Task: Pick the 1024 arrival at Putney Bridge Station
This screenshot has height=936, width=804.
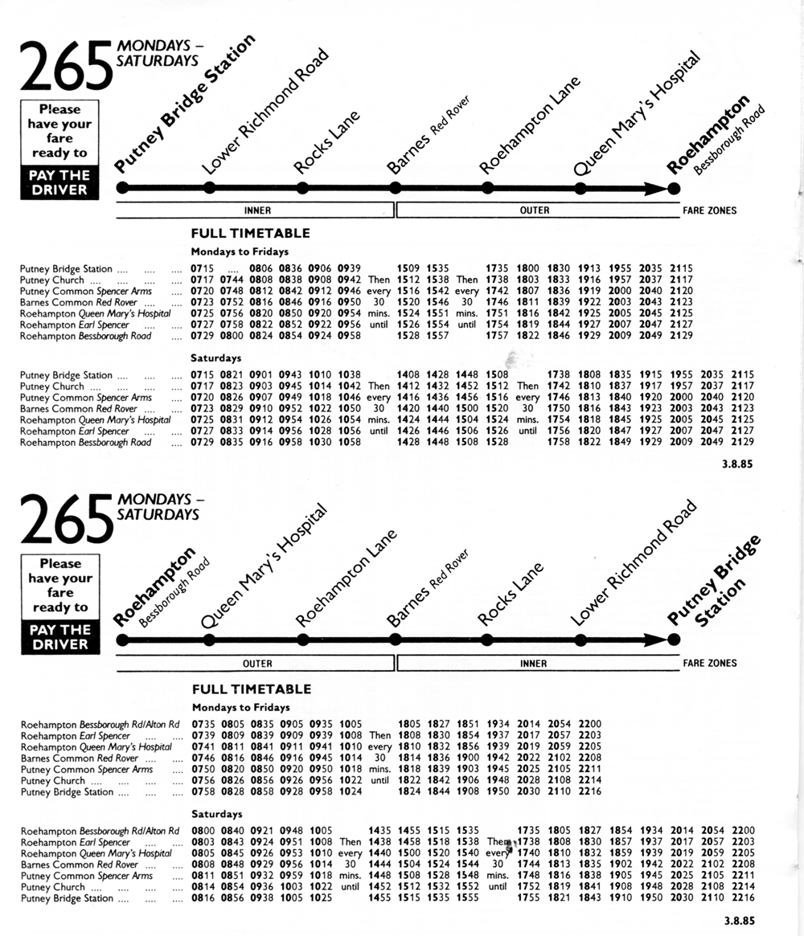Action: (x=351, y=791)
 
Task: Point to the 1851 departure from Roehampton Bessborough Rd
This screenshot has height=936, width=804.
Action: (x=468, y=724)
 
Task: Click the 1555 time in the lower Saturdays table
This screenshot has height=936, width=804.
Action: (x=468, y=898)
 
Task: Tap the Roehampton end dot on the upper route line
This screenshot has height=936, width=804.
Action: (x=674, y=188)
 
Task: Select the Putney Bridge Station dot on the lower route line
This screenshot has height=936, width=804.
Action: (x=674, y=640)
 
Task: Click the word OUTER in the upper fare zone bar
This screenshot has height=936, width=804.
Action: (x=534, y=210)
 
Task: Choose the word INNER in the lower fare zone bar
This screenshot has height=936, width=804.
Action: (x=533, y=664)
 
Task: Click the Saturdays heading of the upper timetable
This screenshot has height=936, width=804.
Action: (x=215, y=357)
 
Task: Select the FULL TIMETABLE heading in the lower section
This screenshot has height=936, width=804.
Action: (x=251, y=689)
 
